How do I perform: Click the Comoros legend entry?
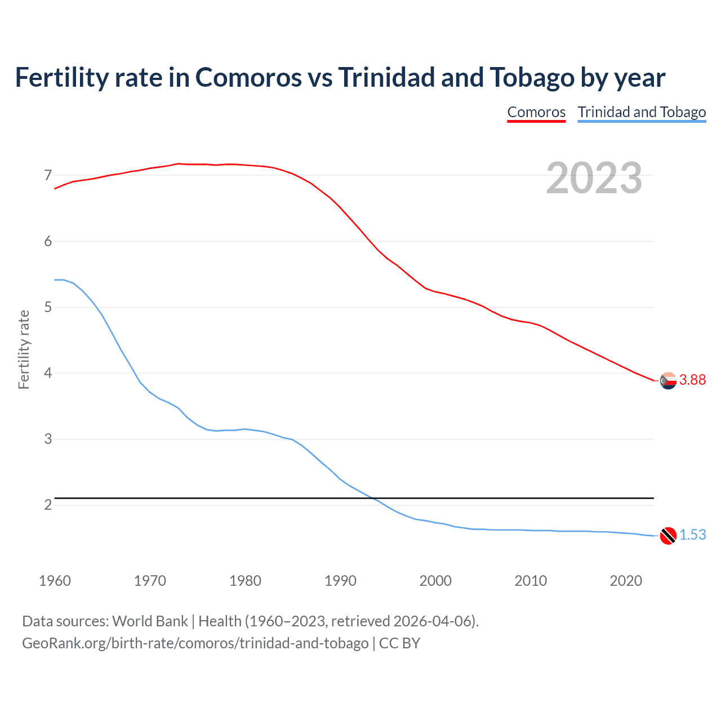536,112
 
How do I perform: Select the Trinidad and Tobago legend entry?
642,112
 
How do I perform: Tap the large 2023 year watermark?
594,178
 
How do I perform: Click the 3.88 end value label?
692,380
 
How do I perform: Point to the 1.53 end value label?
692,535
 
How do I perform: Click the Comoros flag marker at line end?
668,381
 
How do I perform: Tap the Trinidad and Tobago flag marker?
668,535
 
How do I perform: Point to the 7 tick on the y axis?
48,176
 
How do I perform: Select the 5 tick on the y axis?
48,308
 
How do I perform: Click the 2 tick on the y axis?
48,505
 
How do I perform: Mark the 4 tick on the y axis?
48,373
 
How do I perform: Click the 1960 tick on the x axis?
55,581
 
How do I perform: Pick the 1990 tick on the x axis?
340,581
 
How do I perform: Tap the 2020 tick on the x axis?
626,581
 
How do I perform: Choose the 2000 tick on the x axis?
435,581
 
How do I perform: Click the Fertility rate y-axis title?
24,349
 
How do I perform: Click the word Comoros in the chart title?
248,78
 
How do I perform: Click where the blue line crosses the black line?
373,499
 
